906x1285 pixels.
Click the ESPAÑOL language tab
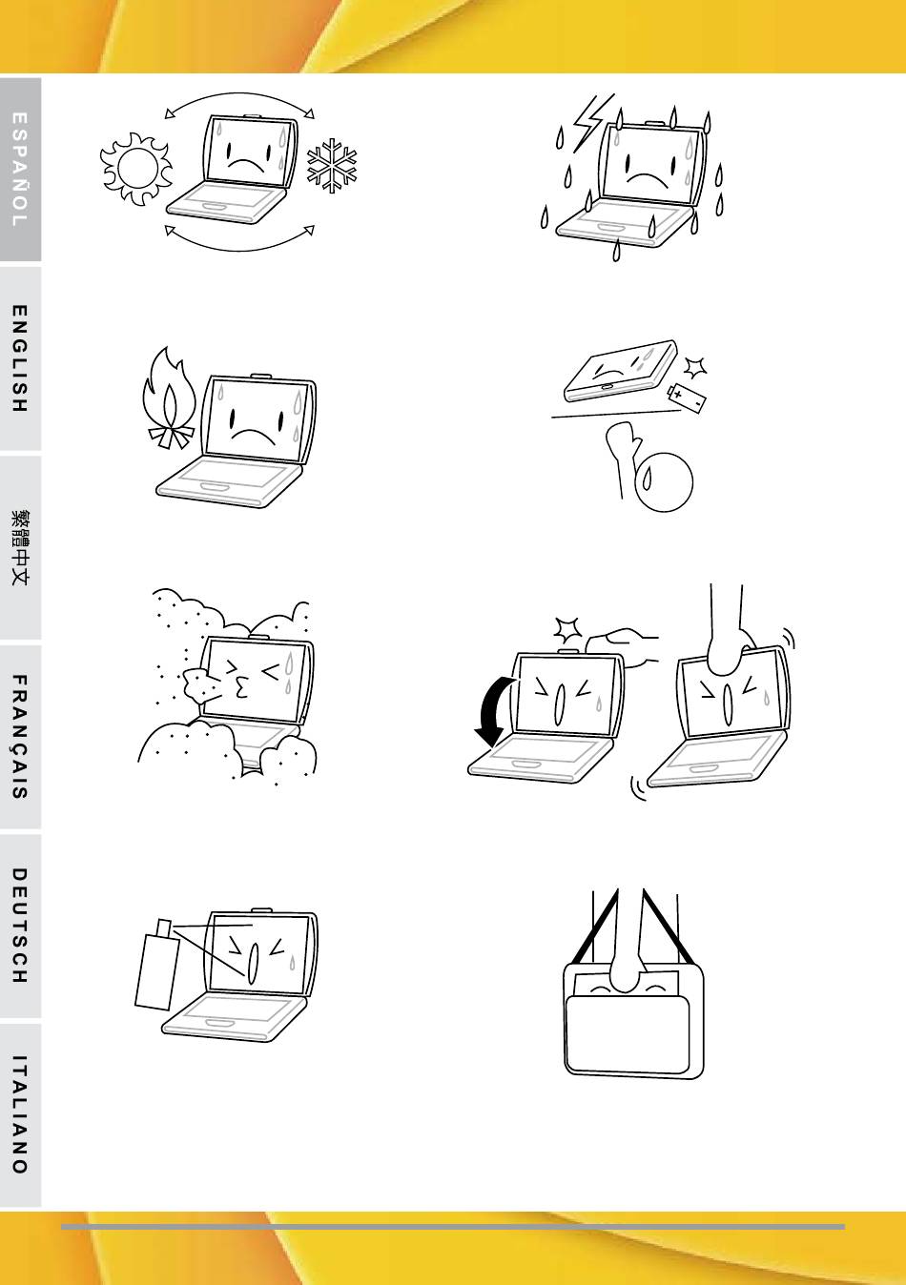(x=20, y=170)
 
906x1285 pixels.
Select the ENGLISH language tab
(x=20, y=358)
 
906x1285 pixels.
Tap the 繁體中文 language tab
(x=20, y=548)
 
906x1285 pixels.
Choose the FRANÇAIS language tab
(x=20, y=737)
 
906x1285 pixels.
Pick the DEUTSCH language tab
(x=20, y=926)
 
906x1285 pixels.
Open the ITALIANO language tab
(x=20, y=1115)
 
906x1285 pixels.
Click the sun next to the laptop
(x=136, y=168)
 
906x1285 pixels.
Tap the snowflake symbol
(x=332, y=165)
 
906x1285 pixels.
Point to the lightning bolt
(x=592, y=122)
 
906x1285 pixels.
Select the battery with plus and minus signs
(x=687, y=398)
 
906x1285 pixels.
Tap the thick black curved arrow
(x=492, y=711)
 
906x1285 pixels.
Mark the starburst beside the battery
(x=695, y=367)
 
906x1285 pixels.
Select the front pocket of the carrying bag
(x=628, y=1034)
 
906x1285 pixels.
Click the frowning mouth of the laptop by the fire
(x=253, y=435)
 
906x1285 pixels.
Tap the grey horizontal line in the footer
(x=453, y=1227)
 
